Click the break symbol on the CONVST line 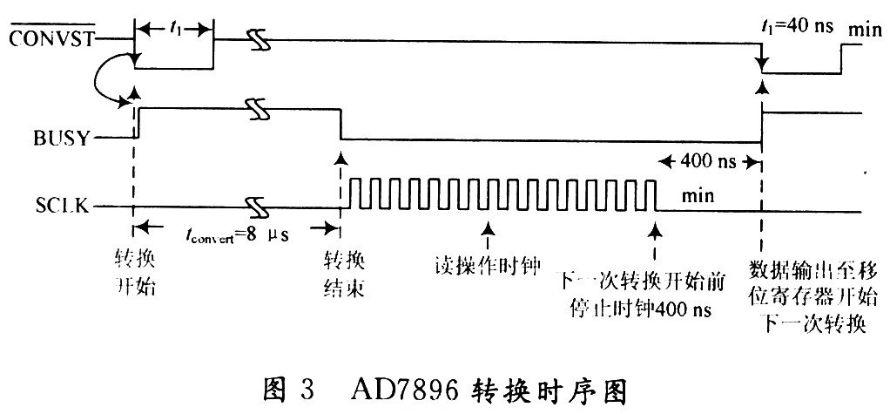pyautogui.click(x=256, y=40)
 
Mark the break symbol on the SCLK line pyautogui.click(x=256, y=207)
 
